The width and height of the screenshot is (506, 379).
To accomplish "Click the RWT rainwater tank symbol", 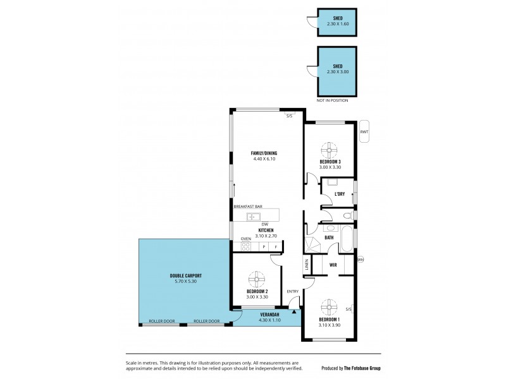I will click(364, 131).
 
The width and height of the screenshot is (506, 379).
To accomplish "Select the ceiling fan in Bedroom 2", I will click(256, 279).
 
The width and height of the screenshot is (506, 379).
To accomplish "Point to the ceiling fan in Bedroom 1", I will click(329, 308).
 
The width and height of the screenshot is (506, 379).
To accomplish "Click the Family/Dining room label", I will click(264, 153).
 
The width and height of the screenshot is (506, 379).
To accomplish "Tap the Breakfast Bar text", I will click(248, 207).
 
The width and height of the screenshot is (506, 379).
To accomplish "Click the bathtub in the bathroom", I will click(347, 241).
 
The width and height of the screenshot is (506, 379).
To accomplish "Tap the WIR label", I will click(333, 265).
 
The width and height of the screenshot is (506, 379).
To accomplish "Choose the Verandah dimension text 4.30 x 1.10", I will click(269, 320).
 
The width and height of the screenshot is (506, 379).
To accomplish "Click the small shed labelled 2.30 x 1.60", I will click(337, 21).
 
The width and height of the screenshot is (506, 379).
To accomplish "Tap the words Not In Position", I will click(333, 100).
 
